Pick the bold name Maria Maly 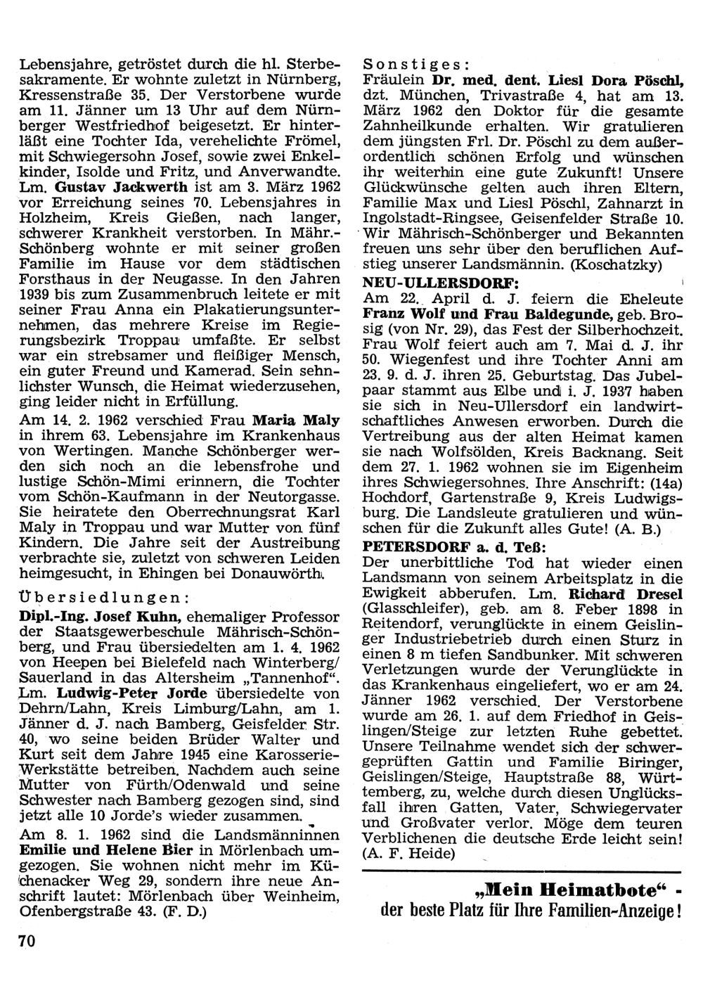click(x=296, y=421)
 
